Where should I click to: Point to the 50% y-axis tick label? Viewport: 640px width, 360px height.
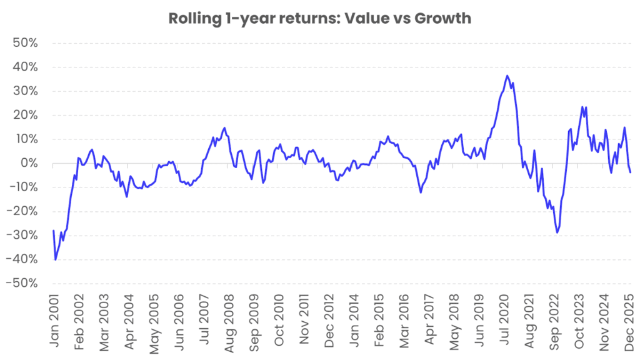[x=25, y=44]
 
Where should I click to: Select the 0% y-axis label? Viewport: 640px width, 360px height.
[x=29, y=164]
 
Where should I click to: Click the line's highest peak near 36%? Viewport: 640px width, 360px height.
[x=507, y=76]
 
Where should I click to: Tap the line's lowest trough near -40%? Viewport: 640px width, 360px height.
[x=56, y=259]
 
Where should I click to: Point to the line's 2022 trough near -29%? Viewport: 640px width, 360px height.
[x=557, y=232]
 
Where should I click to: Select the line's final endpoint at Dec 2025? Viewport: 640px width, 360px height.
[x=630, y=172]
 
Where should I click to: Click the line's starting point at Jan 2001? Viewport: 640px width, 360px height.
[x=54, y=231]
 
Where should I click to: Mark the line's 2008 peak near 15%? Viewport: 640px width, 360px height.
[x=224, y=128]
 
